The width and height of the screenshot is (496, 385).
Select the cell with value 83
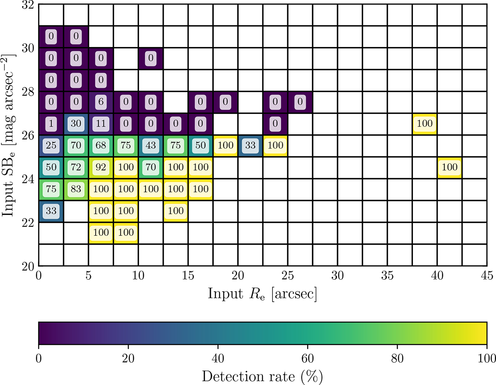point(76,189)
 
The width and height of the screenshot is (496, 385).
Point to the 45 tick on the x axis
point(486,274)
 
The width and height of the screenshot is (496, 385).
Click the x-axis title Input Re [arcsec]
point(262,293)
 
